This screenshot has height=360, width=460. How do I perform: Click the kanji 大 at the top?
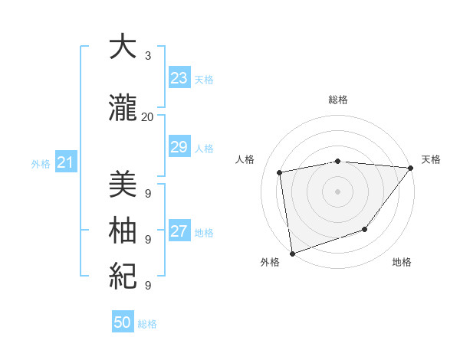click(x=123, y=47)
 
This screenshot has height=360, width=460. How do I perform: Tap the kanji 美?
click(x=123, y=186)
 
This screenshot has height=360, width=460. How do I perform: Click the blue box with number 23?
click(x=179, y=78)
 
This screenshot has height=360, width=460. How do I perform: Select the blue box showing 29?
click(x=179, y=147)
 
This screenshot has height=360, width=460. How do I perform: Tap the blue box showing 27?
click(x=179, y=231)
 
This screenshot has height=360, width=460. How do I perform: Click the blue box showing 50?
click(x=123, y=322)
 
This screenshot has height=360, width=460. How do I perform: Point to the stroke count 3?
click(x=148, y=56)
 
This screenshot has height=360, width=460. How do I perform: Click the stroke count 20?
click(x=147, y=117)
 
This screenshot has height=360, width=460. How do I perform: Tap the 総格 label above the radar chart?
click(x=337, y=100)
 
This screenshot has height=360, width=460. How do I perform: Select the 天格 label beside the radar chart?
click(x=431, y=159)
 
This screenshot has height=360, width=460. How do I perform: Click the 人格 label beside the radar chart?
click(x=245, y=159)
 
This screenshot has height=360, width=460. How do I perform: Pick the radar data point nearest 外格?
click(x=292, y=253)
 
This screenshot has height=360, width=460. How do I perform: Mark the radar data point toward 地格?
click(x=366, y=229)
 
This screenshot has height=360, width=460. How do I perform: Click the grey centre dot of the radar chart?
click(x=337, y=191)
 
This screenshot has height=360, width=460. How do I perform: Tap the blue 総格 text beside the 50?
click(x=147, y=324)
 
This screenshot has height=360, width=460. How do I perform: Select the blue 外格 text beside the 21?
click(x=41, y=163)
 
